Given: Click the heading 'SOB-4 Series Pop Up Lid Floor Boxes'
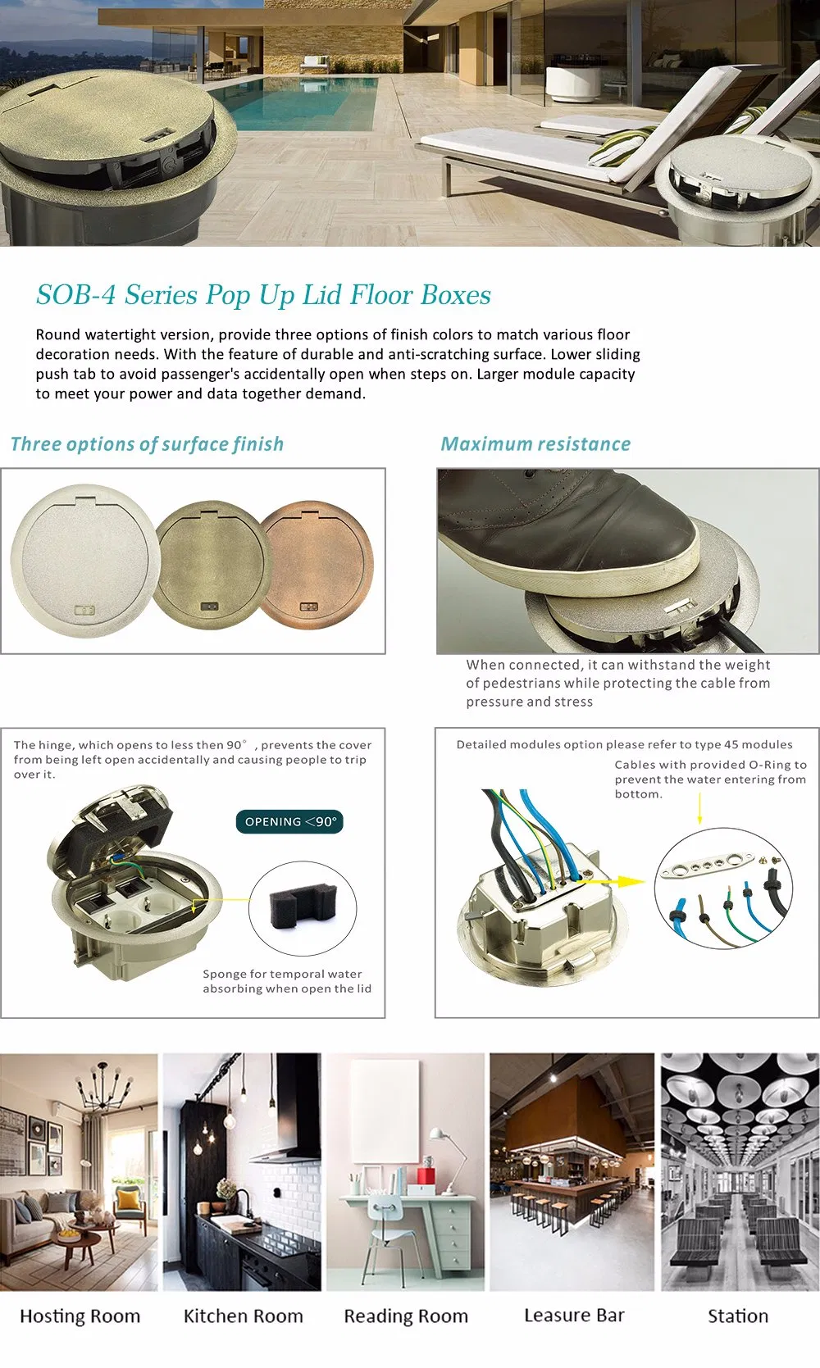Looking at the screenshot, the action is tap(263, 295).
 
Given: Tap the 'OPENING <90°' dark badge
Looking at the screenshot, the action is tap(289, 821).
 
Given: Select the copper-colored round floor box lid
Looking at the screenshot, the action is tap(317, 566).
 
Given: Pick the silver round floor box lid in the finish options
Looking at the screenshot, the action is tap(85, 561).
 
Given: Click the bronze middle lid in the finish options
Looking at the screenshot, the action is tap(211, 566).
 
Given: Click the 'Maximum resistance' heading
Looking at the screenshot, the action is tap(536, 444).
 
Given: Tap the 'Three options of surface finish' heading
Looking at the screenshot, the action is tap(148, 444).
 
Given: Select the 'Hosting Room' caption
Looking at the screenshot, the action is tap(80, 1316).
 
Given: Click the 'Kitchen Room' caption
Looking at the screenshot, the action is tap(244, 1316).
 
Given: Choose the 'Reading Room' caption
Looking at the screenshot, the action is tap(406, 1316).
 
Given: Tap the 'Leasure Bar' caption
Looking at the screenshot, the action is tap(574, 1315).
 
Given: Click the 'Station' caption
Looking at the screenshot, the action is tap(738, 1316).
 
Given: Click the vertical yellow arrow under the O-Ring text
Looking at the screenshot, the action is tap(699, 812).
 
